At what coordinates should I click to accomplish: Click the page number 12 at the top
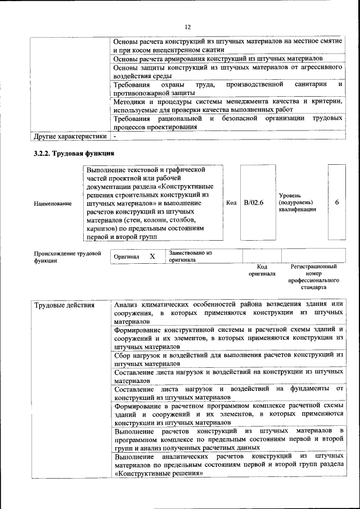(x=188, y=26)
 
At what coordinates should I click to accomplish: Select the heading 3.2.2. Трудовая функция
(x=74, y=154)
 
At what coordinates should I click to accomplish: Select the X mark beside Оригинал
(x=152, y=256)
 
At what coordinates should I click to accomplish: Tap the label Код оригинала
(x=262, y=270)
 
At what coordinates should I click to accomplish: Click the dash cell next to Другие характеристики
(x=115, y=136)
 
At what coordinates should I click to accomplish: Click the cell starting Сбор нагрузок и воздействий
(x=228, y=359)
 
